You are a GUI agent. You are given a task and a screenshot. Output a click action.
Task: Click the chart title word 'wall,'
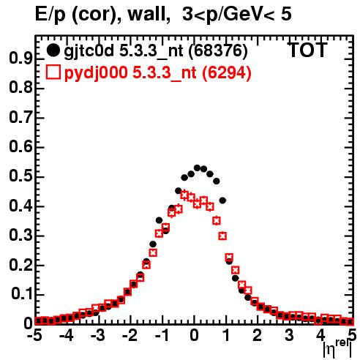pyautogui.click(x=149, y=15)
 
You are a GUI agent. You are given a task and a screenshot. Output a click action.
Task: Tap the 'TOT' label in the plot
pyautogui.click(x=307, y=50)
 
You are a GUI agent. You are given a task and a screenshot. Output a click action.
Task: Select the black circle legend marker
pyautogui.click(x=53, y=50)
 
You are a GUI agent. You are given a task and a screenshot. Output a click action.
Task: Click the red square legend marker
pyautogui.click(x=53, y=72)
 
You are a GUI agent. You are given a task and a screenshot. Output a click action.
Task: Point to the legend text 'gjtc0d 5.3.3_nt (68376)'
pyautogui.click(x=156, y=51)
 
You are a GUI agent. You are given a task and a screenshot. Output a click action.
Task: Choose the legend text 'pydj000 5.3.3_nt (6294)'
pyautogui.click(x=158, y=73)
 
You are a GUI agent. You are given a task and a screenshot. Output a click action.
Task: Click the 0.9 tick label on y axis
pyautogui.click(x=20, y=59)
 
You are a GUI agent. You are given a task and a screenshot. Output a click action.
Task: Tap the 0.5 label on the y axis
pyautogui.click(x=20, y=177)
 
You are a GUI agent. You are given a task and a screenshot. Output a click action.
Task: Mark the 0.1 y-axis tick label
pyautogui.click(x=21, y=295)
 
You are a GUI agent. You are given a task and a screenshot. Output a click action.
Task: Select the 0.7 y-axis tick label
pyautogui.click(x=20, y=118)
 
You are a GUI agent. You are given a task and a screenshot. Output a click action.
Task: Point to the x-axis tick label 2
pyautogui.click(x=258, y=335)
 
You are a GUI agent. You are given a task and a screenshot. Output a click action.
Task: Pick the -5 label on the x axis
pyautogui.click(x=34, y=335)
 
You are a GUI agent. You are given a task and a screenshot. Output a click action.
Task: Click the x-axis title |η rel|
pyautogui.click(x=337, y=349)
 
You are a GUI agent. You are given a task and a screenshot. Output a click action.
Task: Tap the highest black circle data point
pyautogui.click(x=197, y=168)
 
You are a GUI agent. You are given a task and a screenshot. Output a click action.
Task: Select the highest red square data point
pyautogui.click(x=184, y=195)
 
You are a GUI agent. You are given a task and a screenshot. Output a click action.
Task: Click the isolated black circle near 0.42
pyautogui.click(x=222, y=200)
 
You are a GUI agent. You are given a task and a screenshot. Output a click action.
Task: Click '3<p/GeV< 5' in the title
pyautogui.click(x=237, y=15)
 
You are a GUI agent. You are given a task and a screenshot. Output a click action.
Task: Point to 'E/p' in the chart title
pyautogui.click(x=50, y=15)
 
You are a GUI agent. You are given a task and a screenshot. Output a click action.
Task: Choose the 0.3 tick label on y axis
pyautogui.click(x=20, y=236)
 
